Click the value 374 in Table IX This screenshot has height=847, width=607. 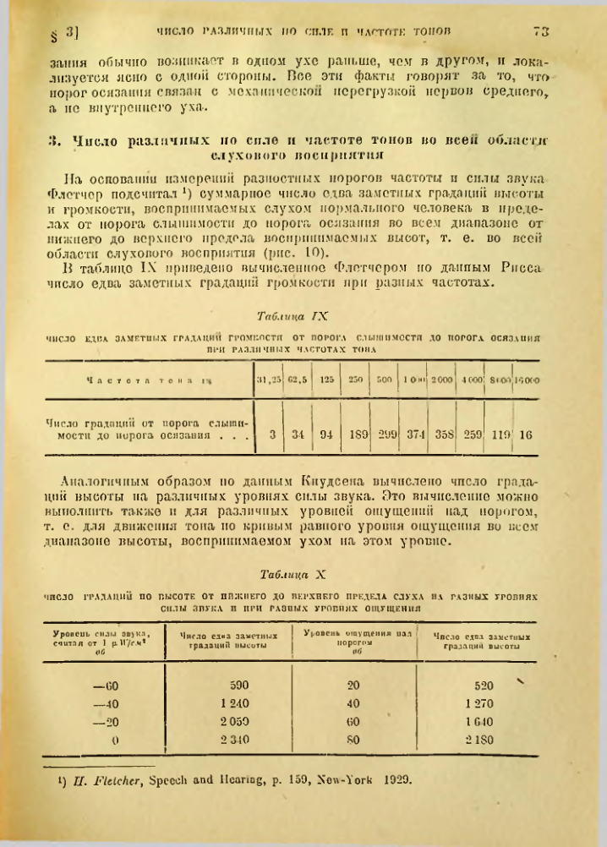point(415,437)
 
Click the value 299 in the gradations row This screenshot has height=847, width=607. point(387,437)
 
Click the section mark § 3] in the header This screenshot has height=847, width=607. point(64,35)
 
